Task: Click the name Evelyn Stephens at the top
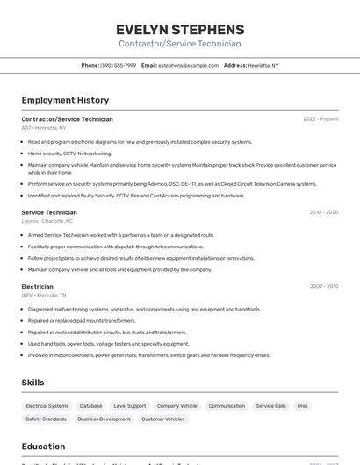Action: [x=180, y=29]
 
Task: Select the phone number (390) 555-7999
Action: [x=118, y=65]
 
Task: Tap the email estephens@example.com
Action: [x=188, y=65]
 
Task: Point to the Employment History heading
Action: [x=65, y=100]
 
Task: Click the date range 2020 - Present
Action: [x=320, y=119]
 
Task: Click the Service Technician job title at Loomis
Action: [x=49, y=212]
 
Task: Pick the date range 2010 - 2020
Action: [x=323, y=212]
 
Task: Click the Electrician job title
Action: [x=38, y=286]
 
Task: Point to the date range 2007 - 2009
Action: [x=323, y=286]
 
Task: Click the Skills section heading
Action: [x=32, y=383]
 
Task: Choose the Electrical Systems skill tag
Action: [x=47, y=406]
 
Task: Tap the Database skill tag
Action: [x=91, y=406]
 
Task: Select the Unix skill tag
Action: [x=303, y=406]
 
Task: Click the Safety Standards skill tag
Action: [x=47, y=419]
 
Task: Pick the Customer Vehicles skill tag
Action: [x=163, y=419]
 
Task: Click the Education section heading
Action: [x=43, y=447]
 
